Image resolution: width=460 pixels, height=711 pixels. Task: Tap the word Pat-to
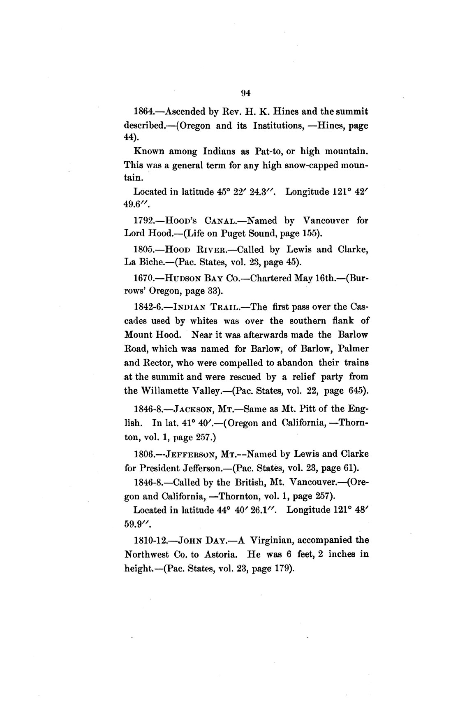(x=269, y=151)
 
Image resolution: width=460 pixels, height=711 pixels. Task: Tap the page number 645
(x=357, y=391)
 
